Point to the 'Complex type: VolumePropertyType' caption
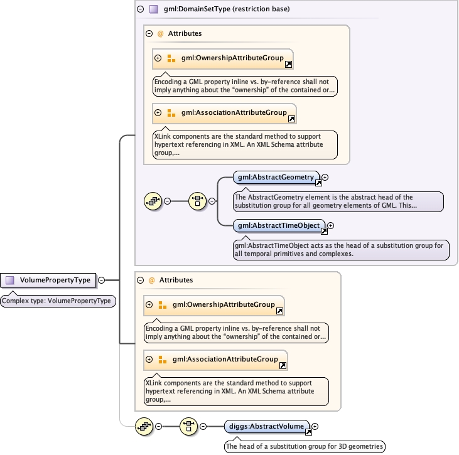coord(57,301)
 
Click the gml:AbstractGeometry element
coord(275,178)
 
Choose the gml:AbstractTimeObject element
coord(279,225)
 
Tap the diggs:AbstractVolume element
coord(266,427)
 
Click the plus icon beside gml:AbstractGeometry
coord(325,178)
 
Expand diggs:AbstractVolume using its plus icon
coord(315,427)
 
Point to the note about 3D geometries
coord(305,446)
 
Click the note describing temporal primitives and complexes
coord(340,249)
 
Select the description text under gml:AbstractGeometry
coord(338,201)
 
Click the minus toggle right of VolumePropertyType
coord(102,281)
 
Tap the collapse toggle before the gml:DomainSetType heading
coord(141,9)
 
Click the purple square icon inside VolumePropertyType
coord(10,281)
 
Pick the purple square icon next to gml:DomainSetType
coord(153,9)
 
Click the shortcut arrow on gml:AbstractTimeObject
coord(325,232)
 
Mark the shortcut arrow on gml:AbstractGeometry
coord(318,183)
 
